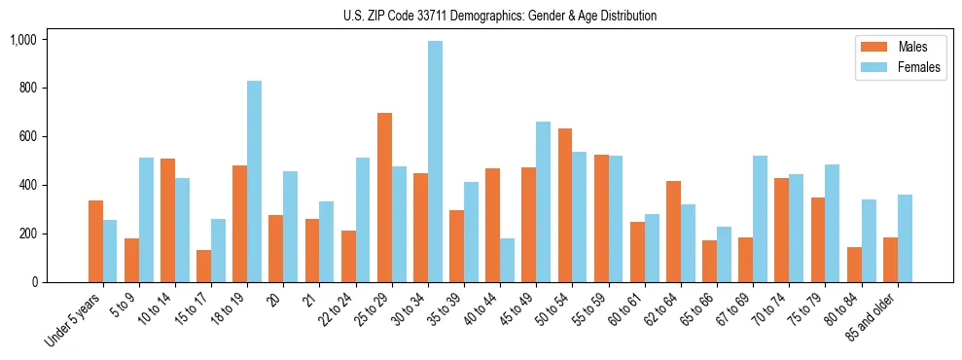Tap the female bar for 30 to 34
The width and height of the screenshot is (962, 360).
coord(435,162)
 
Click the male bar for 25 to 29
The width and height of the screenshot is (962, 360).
coord(384,198)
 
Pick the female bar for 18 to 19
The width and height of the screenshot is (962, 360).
coord(254,181)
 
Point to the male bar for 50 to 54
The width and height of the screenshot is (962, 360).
coord(565,205)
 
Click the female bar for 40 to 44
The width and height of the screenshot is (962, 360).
coord(507,260)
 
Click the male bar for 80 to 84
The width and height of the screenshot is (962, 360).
coord(854,265)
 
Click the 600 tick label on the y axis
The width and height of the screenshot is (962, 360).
coord(27,136)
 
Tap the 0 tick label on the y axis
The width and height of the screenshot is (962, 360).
coord(35,282)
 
